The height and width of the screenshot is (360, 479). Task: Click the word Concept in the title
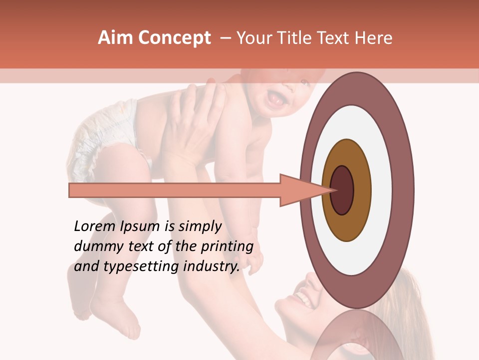point(174,38)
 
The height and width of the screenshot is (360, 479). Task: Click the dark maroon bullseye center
point(342,190)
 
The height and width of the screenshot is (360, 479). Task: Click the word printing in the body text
point(227,247)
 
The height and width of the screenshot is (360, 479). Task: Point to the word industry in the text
point(211,266)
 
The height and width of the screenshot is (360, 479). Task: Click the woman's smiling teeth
point(303,299)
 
